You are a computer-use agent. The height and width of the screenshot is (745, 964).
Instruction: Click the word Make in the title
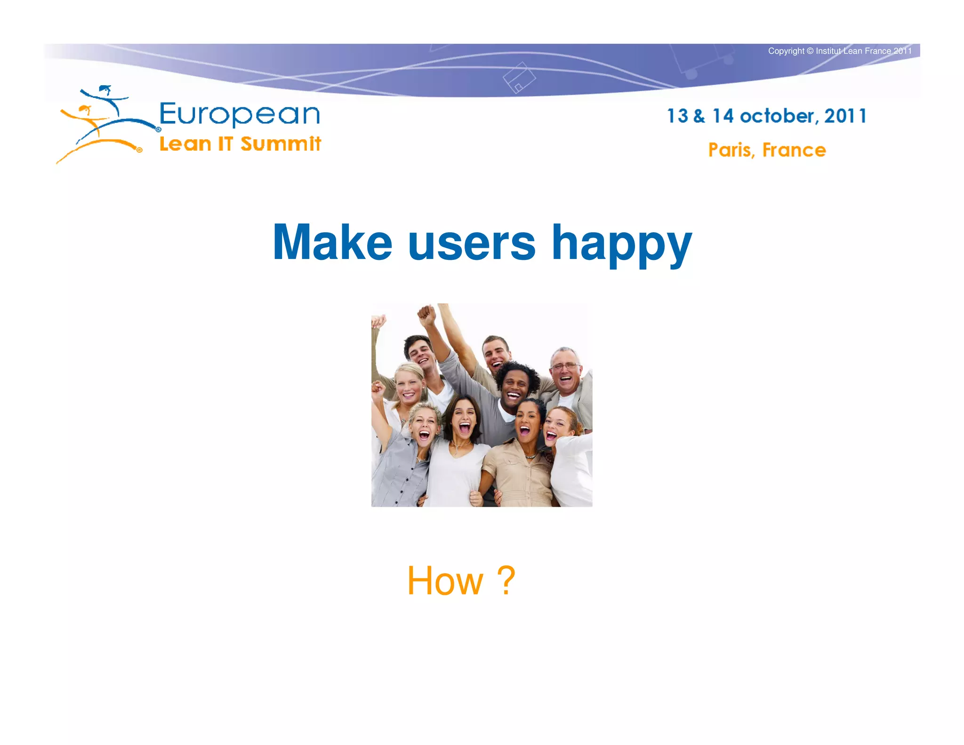pos(332,243)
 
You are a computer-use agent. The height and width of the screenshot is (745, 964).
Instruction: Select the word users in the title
pos(472,243)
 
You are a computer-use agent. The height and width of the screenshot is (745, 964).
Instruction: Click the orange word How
pos(445,581)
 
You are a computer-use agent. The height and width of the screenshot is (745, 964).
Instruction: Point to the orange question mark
pos(506,581)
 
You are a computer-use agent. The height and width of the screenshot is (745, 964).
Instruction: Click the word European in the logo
pos(240,114)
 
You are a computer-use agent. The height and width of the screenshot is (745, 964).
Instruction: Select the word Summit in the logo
pos(281,144)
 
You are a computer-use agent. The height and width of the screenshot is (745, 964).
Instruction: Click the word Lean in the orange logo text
pos(185,144)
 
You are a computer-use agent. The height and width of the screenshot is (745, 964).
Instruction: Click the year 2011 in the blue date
pos(845,116)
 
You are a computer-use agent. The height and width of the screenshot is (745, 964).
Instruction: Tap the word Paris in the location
pos(731,150)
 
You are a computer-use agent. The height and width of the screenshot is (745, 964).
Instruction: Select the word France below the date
pos(794,150)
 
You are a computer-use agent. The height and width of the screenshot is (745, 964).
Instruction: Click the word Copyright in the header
pos(786,51)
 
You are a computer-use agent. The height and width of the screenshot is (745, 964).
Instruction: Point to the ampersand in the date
pos(699,116)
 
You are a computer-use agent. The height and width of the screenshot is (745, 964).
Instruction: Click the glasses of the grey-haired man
pos(565,366)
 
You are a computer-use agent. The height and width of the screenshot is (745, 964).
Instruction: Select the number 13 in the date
pos(677,116)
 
